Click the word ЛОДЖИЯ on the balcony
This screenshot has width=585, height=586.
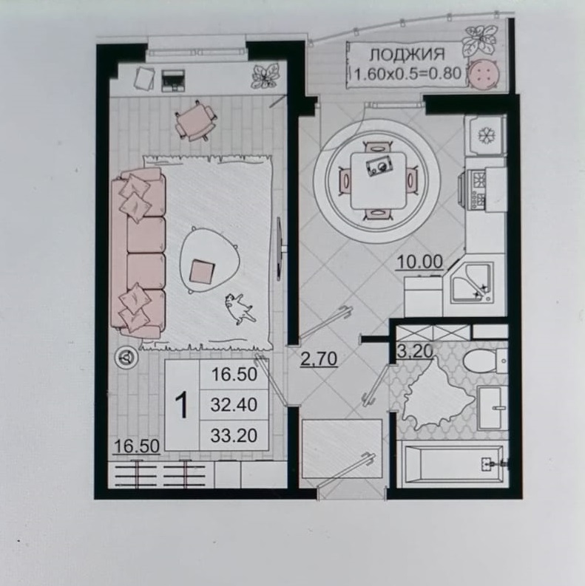[x=407, y=55]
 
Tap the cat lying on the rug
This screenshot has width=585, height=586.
[x=240, y=308]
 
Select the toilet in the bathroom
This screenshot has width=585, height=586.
[x=485, y=361]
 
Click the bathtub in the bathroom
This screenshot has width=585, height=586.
[x=453, y=464]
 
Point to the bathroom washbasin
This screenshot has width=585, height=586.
[x=493, y=408]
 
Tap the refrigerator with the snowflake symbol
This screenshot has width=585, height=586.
[x=486, y=135]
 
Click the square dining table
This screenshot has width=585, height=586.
[x=378, y=180]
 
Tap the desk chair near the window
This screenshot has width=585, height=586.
[x=196, y=120]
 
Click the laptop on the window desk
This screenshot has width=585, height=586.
[x=173, y=80]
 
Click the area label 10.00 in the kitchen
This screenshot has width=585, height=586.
[x=419, y=262]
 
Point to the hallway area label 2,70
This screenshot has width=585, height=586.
[x=319, y=360]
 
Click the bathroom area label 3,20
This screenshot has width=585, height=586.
[x=415, y=351]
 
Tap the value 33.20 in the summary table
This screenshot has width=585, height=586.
[x=234, y=435]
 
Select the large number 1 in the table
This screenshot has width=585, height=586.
[x=182, y=405]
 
